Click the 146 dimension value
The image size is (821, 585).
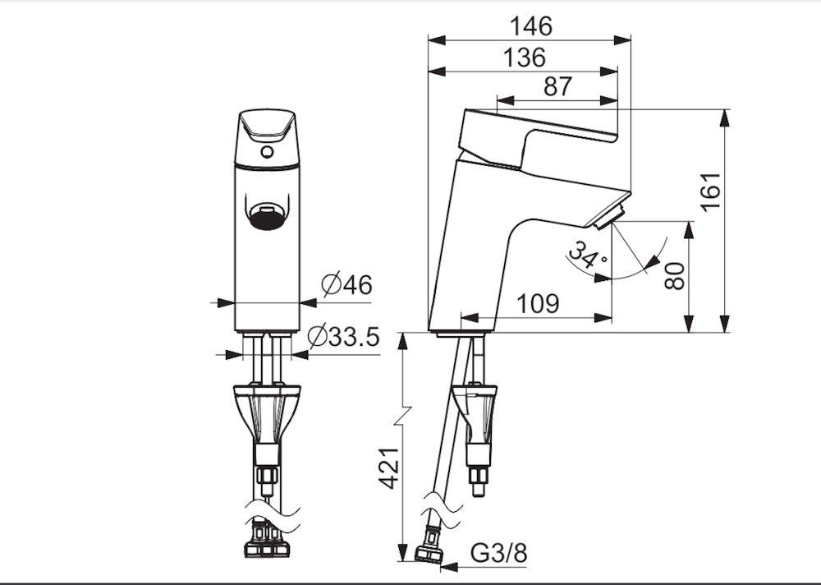point(531,26)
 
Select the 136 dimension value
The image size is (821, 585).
point(525,58)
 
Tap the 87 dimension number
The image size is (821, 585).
point(557,86)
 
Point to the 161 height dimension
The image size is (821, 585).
point(711,192)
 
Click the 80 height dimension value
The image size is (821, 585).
point(674,276)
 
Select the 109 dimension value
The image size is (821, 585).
point(538,303)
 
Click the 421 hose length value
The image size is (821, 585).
point(389,468)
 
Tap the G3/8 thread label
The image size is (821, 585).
point(499,553)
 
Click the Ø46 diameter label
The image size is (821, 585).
point(346,285)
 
